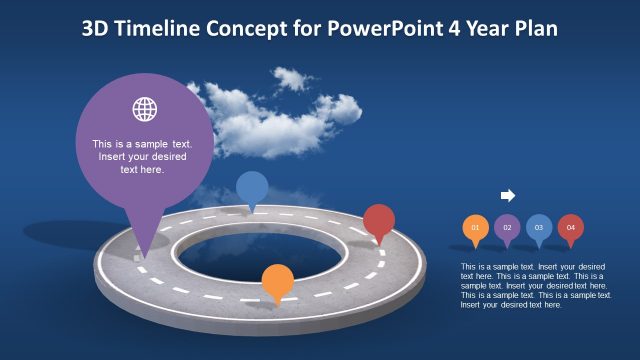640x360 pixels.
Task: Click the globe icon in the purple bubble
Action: tap(145, 109)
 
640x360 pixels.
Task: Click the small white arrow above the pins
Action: tap(507, 196)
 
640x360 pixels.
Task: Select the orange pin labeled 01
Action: tap(475, 228)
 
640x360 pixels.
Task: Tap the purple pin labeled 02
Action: tap(507, 228)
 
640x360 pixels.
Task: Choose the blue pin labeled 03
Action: tap(539, 228)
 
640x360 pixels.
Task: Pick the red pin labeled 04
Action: tap(571, 228)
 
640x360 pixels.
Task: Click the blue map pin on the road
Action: tap(251, 188)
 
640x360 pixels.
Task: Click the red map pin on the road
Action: tap(379, 221)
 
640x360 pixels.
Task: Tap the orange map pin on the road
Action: tap(277, 282)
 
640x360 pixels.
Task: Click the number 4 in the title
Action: tap(460, 28)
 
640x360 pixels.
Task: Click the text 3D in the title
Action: tap(96, 28)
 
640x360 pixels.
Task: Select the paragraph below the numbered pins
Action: tap(536, 285)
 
